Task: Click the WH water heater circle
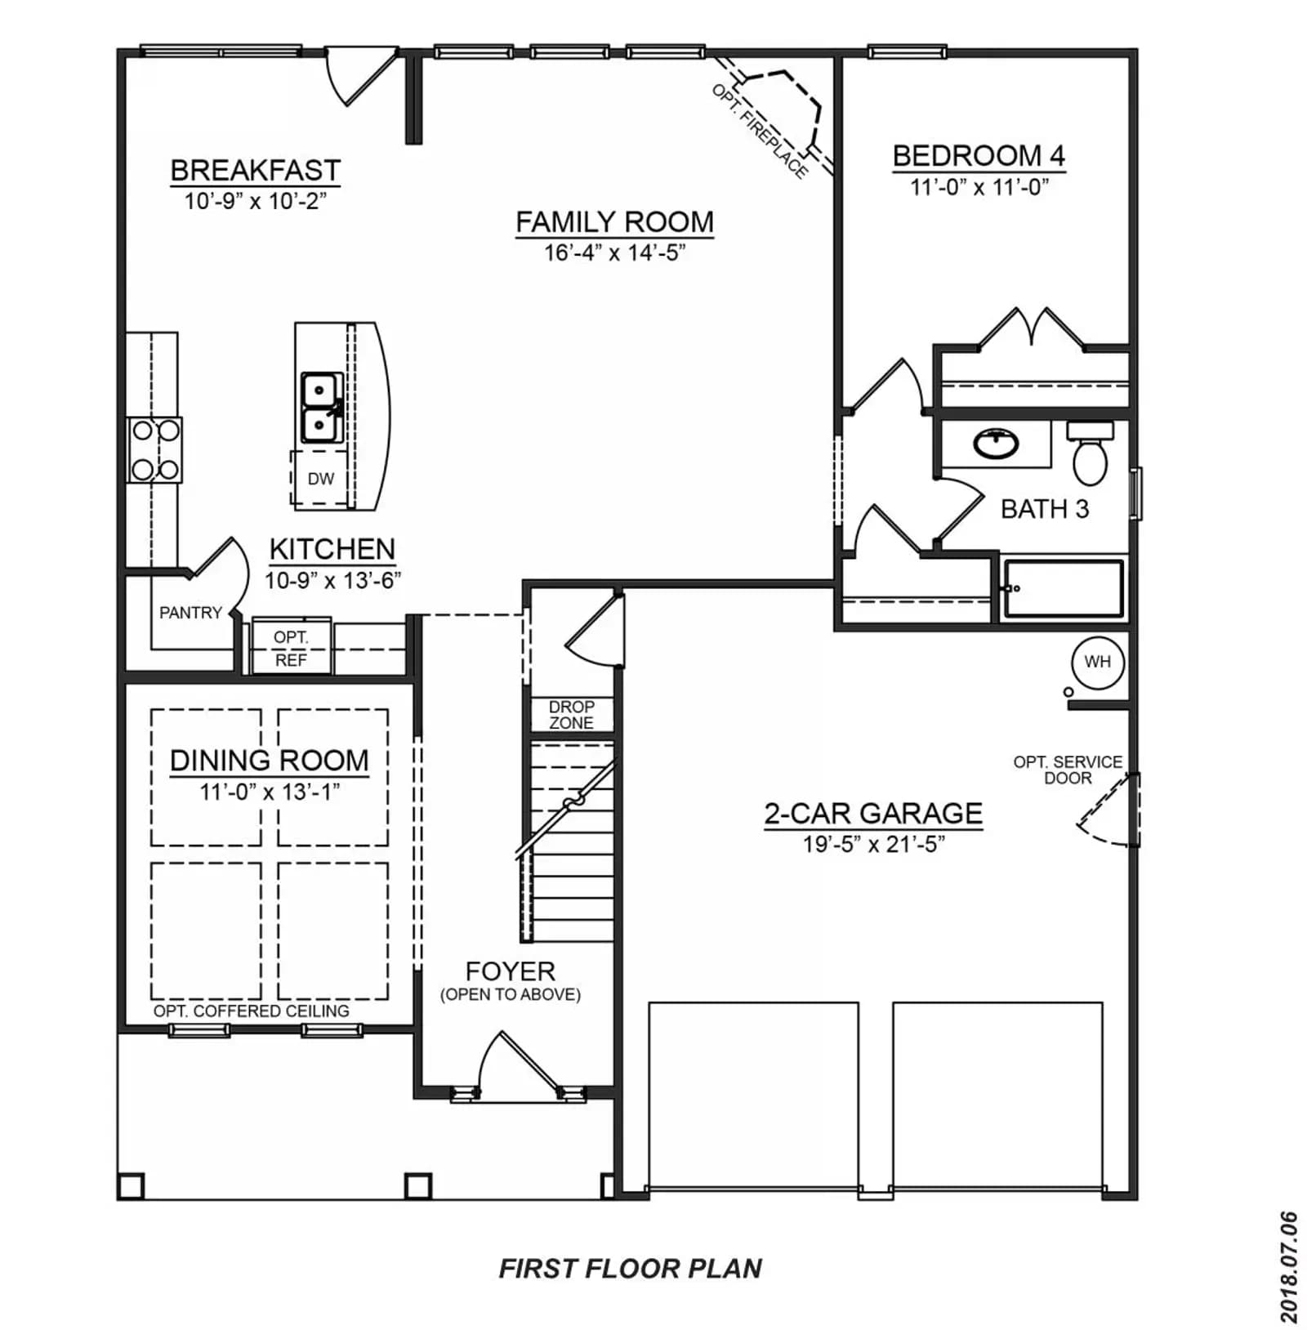tap(1097, 662)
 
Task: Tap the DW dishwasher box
tap(320, 479)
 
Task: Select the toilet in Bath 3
tap(1090, 454)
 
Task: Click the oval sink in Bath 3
tap(997, 444)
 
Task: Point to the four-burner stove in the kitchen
tap(155, 449)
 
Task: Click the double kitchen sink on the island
tap(322, 408)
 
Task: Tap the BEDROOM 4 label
tap(979, 155)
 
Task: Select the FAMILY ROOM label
tap(614, 221)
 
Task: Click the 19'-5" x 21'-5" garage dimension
tap(873, 844)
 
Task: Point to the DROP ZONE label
tap(571, 715)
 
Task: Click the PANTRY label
tap(190, 613)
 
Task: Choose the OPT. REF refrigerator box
tap(291, 646)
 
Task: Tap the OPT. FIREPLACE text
tap(760, 131)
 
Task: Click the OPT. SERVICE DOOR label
tap(1068, 770)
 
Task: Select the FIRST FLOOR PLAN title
tap(631, 1268)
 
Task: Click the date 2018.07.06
tap(1288, 1266)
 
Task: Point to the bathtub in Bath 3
tap(1063, 588)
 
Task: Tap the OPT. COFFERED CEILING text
tap(252, 1011)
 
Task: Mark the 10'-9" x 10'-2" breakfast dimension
tap(255, 201)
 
